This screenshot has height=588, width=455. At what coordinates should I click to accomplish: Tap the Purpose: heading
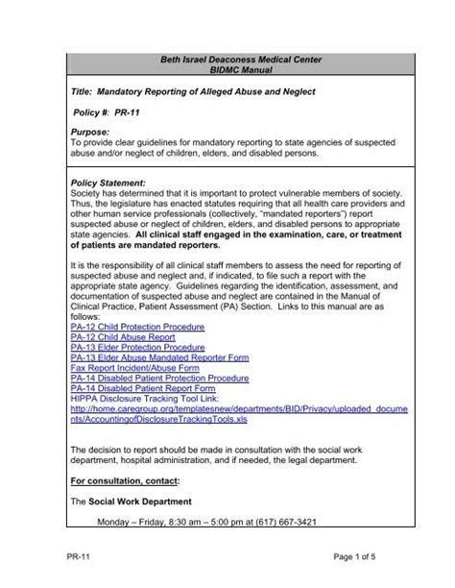(x=93, y=131)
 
